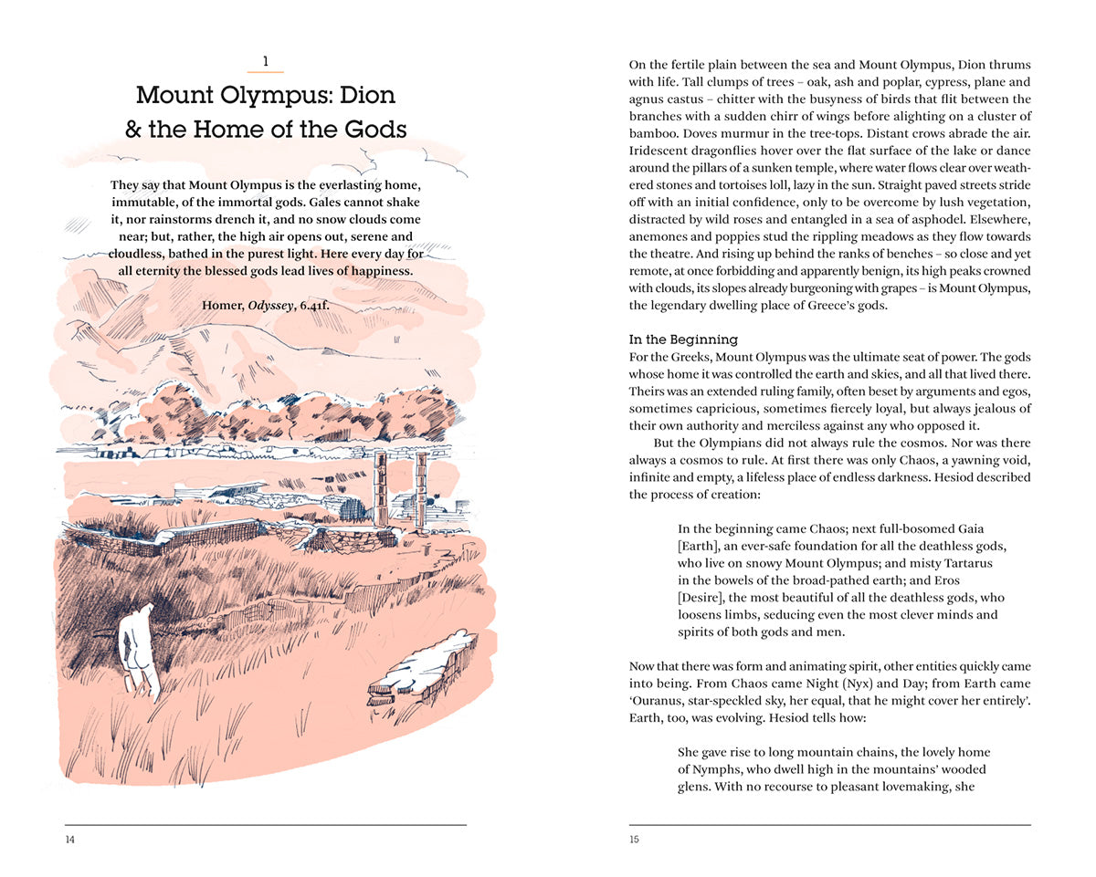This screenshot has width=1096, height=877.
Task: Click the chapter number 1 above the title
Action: tap(265, 62)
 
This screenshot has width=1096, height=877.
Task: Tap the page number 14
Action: tap(70, 840)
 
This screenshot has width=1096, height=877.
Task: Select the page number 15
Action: tap(635, 840)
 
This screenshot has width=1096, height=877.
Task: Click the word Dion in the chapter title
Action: tap(364, 95)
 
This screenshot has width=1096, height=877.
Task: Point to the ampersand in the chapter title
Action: tap(133, 130)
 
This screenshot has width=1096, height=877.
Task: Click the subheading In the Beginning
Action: tap(683, 339)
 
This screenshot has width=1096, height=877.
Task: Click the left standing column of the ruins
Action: tap(379, 487)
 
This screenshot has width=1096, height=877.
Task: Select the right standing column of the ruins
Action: tap(420, 487)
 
